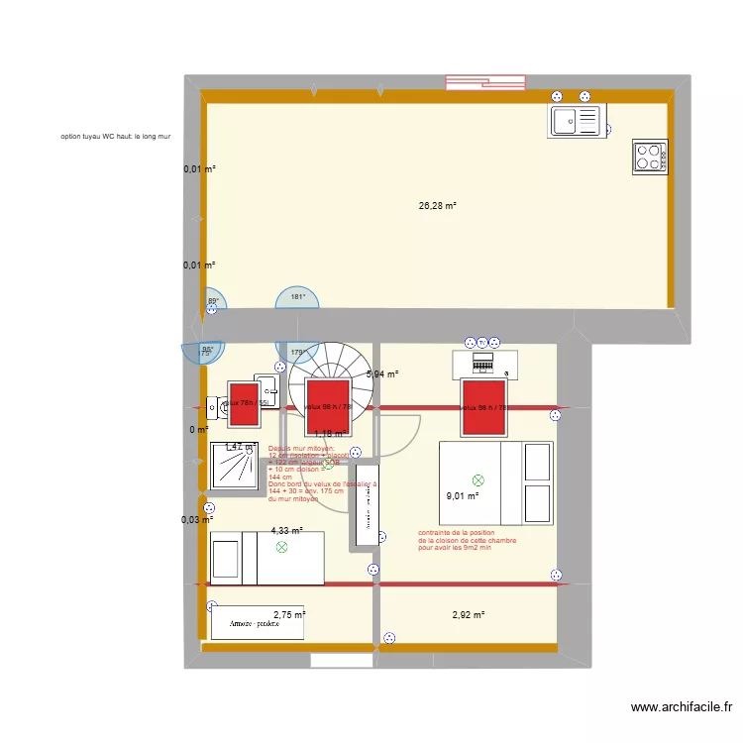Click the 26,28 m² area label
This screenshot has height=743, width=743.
[437, 206]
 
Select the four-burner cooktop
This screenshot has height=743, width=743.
[650, 157]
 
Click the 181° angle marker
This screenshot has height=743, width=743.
[296, 297]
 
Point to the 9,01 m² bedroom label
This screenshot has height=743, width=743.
[463, 496]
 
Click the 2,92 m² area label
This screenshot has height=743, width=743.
[468, 615]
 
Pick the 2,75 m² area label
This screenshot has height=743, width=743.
[289, 615]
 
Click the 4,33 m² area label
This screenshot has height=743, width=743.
[286, 531]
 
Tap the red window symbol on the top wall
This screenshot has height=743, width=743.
[484, 82]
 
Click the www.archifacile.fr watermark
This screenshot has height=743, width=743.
[682, 707]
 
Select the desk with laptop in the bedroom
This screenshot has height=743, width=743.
[484, 364]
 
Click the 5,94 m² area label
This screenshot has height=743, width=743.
[382, 374]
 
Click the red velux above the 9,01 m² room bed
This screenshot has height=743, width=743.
[484, 407]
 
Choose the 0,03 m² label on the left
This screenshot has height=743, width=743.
[196, 519]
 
